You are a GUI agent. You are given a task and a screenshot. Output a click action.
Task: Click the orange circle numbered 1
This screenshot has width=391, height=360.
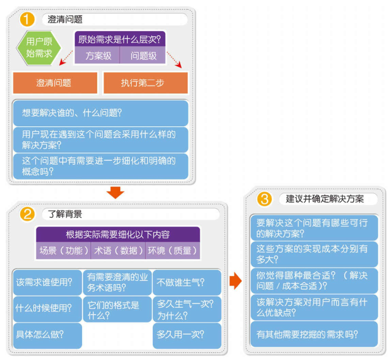[27, 19]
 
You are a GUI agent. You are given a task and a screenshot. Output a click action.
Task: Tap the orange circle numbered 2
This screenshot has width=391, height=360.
[27, 214]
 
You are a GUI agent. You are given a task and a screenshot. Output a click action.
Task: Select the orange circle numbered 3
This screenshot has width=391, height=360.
[264, 199]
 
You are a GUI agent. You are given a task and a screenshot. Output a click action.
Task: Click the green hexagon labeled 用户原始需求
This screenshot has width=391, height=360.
[39, 48]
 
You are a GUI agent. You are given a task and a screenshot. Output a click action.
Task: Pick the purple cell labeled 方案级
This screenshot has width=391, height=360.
[97, 55]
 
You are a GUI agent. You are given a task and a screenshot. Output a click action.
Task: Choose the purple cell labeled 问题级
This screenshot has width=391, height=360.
[142, 55]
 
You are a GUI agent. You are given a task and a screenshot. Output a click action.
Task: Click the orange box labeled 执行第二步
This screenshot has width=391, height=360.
[146, 83]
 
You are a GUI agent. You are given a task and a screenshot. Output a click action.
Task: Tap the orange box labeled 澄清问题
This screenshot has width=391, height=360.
[55, 83]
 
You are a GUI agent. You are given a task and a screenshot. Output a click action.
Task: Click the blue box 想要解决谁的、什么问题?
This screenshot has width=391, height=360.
[100, 113]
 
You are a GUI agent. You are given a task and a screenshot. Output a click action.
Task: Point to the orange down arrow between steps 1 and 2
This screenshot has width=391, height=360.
[115, 192]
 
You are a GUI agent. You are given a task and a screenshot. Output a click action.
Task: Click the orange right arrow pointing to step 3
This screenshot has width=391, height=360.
[236, 281]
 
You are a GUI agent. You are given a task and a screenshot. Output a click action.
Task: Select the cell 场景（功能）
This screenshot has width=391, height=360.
[64, 251]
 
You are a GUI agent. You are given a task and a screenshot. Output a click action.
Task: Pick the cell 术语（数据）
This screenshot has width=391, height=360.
[118, 251]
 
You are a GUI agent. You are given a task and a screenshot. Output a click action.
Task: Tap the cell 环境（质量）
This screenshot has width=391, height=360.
[172, 251]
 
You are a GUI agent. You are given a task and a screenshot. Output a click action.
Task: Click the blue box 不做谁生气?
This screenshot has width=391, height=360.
[187, 282]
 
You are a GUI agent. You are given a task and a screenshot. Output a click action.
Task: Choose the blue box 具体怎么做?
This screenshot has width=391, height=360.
[47, 336]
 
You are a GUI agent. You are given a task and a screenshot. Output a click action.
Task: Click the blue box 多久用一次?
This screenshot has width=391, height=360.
[187, 336]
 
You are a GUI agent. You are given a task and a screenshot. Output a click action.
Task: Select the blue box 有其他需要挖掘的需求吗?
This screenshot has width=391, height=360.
[314, 334]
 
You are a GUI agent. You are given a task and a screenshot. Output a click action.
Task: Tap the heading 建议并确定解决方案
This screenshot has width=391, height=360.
[325, 199]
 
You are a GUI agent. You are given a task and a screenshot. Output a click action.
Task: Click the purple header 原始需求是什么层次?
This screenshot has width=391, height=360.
[120, 39]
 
